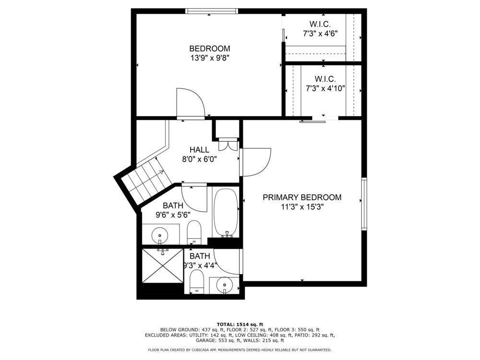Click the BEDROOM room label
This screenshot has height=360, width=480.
click(210, 48)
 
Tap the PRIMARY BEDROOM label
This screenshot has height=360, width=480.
click(302, 197)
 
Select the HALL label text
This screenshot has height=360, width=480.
click(199, 150)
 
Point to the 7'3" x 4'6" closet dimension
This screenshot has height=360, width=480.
click(320, 34)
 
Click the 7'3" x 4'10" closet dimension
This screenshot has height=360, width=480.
click(325, 89)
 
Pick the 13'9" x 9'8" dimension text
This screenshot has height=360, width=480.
click(210, 58)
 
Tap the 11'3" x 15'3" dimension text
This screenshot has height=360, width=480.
click(302, 207)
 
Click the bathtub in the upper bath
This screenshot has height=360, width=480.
click(226, 213)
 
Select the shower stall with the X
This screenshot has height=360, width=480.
click(162, 265)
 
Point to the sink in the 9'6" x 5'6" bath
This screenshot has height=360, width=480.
click(160, 235)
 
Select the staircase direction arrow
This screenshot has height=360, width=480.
click(157, 173)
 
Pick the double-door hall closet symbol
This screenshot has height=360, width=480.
click(228, 144)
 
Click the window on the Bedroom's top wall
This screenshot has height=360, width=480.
click(212, 11)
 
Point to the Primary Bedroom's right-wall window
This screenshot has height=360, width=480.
click(364, 204)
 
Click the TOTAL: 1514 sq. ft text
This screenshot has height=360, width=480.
click(240, 324)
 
